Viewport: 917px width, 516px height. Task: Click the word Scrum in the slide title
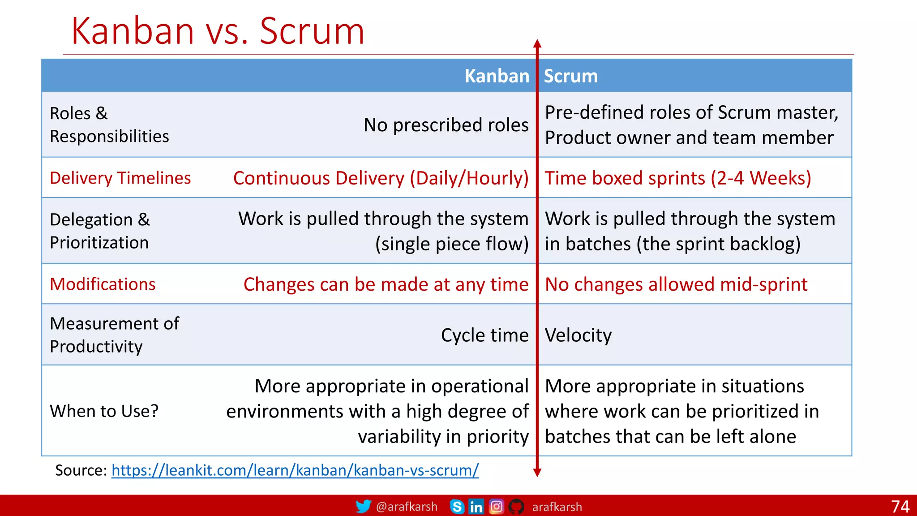312,31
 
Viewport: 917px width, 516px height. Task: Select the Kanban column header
497,76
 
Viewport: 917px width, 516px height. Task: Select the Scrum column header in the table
570,76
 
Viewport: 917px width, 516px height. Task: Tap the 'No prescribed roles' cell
446,125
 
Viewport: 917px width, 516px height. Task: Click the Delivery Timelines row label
120,178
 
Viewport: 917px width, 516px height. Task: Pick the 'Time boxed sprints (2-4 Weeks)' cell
677,178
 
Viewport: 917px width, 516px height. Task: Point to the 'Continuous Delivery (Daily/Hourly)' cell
381,178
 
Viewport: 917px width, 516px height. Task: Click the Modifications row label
103,284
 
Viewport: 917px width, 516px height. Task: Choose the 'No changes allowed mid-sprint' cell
676,284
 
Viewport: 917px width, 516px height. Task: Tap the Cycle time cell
484,335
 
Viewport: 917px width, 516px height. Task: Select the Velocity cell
578,335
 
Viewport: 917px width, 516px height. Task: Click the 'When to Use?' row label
104,411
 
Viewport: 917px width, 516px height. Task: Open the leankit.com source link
295,470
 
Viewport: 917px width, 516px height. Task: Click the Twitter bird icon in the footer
363,506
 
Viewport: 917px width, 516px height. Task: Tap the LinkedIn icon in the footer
476,507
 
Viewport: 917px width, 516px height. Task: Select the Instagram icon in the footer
496,507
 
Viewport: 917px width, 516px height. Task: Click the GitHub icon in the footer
516,507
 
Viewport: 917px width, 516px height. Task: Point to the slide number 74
900,507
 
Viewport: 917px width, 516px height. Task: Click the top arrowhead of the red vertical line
537,43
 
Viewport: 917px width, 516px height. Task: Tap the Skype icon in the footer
457,507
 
